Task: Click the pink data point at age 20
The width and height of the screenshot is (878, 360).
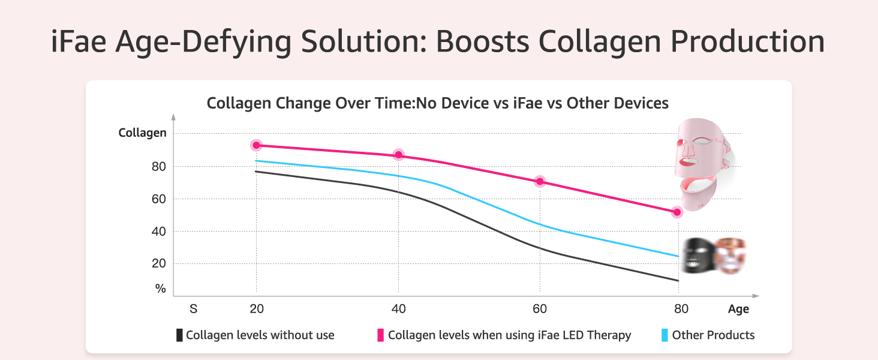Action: tap(257, 145)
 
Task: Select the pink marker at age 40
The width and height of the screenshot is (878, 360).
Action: tap(398, 155)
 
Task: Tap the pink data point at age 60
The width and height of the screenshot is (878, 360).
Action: tap(540, 181)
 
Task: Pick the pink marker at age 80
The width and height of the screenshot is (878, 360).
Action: tap(677, 212)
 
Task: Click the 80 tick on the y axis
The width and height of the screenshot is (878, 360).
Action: tap(158, 166)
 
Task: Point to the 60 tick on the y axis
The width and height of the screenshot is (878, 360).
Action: tap(158, 199)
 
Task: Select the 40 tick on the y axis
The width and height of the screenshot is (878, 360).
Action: tap(158, 231)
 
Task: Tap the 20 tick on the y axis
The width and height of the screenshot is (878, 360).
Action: tap(158, 263)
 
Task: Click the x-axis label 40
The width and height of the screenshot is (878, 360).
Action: tap(398, 309)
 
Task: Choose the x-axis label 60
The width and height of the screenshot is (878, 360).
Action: tap(540, 309)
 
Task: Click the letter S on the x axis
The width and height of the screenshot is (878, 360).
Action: tap(194, 309)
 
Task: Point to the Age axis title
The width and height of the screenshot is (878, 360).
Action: tap(738, 310)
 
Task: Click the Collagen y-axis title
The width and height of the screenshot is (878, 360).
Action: tap(142, 133)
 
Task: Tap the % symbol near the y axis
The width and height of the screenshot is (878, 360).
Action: tap(160, 289)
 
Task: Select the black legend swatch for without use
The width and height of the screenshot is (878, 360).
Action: tap(179, 335)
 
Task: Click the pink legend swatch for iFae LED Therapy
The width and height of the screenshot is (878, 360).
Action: tap(380, 335)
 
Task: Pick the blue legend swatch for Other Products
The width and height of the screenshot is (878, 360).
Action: tap(664, 335)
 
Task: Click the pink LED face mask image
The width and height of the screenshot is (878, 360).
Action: tap(702, 162)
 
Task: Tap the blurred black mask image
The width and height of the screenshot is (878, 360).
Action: tap(699, 256)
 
